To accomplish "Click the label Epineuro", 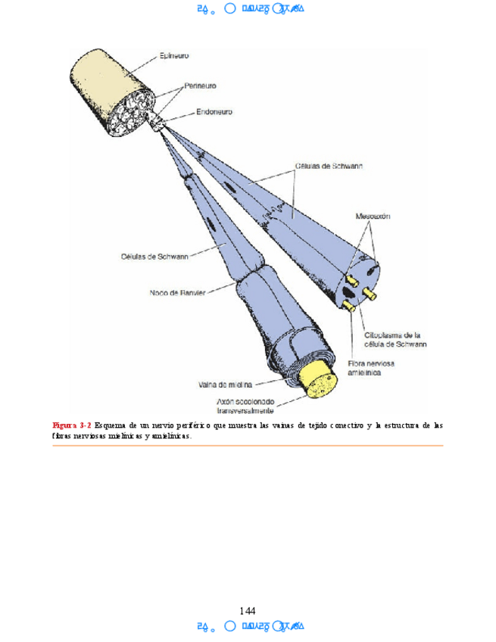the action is (174, 55).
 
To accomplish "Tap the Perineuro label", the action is (199, 86).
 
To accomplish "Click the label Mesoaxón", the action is (373, 216).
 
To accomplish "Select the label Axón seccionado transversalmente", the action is (245, 406).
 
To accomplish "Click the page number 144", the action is (247, 611).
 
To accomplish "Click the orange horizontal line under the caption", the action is (247, 446).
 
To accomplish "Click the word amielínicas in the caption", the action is (167, 436).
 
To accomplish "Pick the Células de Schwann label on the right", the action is (327, 166).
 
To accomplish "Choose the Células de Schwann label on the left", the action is (154, 256).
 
